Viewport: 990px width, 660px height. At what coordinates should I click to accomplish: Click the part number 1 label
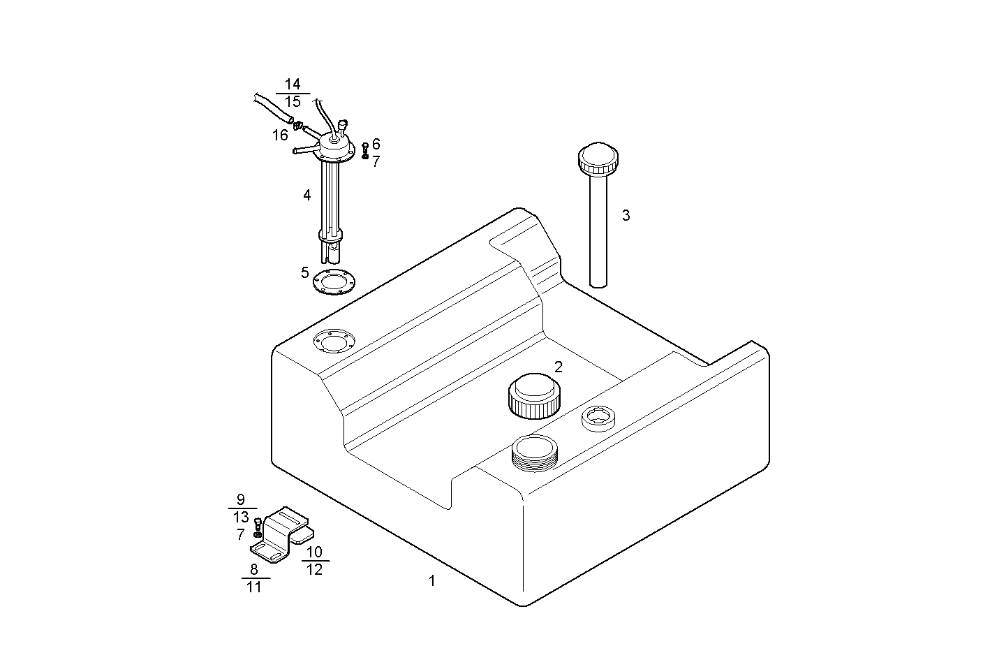click(x=432, y=580)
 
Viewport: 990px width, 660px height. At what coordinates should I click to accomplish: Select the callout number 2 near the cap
click(x=559, y=367)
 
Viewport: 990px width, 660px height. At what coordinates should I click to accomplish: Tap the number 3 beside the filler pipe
click(x=626, y=216)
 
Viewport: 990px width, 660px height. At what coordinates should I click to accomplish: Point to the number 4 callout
click(x=307, y=196)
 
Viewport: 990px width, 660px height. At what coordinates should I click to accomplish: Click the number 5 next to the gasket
click(x=304, y=272)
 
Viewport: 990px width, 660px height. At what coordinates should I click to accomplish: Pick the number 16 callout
click(x=280, y=135)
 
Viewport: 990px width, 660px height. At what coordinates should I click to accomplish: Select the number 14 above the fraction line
click(x=293, y=85)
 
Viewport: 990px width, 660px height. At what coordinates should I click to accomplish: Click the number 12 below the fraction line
click(x=315, y=569)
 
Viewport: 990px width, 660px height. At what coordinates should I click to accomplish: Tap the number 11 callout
click(x=254, y=587)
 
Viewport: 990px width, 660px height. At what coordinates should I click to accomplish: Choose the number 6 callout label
click(x=376, y=145)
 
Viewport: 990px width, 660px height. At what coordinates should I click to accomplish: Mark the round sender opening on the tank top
click(x=333, y=342)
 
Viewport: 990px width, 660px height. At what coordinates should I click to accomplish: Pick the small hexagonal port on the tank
click(x=598, y=418)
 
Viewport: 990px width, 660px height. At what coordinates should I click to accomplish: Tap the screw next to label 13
click(x=258, y=524)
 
